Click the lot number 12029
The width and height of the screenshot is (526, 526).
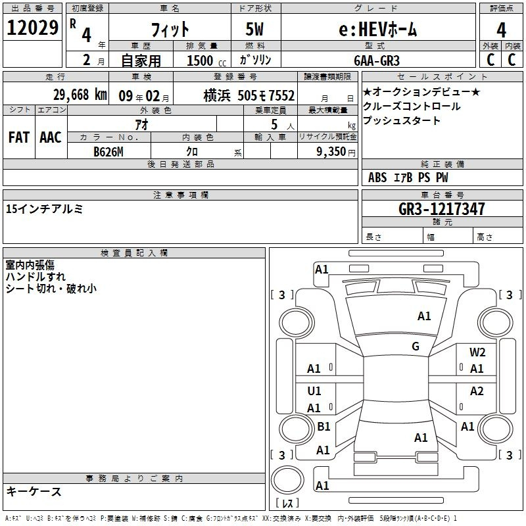tap(32, 28)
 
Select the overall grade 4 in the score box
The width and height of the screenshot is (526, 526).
tap(501, 30)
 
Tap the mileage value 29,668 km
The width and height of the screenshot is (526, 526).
tap(80, 95)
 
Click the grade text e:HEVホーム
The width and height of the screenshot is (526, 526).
tap(377, 30)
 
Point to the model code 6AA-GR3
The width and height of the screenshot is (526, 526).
tap(377, 60)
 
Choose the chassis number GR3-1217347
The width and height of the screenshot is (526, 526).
tap(442, 209)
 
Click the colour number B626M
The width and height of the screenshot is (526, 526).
tap(108, 152)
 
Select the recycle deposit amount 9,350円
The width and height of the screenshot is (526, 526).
tap(336, 152)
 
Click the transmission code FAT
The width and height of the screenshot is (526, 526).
tap(19, 137)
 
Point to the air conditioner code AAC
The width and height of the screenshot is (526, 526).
tap(51, 137)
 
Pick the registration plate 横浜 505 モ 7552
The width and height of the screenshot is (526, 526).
tap(249, 95)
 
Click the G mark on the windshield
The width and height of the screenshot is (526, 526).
tap(416, 346)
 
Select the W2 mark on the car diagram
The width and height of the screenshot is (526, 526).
tap(477, 352)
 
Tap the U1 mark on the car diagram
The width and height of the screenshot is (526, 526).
tap(314, 391)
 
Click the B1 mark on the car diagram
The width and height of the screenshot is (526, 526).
tap(323, 426)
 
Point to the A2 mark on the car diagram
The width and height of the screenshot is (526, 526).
tap(477, 391)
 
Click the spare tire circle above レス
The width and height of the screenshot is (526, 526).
tap(287, 481)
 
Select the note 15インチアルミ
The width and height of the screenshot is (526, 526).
tap(44, 208)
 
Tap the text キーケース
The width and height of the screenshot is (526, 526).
tap(34, 491)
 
